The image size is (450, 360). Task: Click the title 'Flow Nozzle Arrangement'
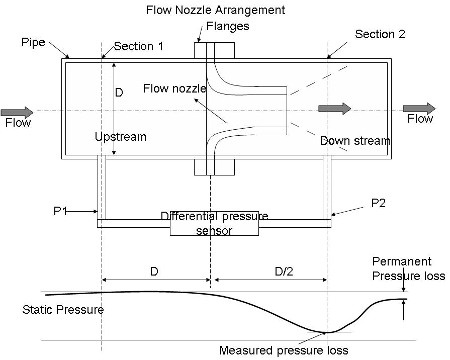[215, 10]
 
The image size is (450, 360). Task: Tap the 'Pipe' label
[33, 42]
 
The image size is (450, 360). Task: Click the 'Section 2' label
[380, 34]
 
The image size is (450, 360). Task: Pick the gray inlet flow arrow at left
[17, 111]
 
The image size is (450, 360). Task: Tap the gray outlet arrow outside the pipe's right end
[419, 108]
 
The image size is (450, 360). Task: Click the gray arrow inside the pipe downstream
[334, 108]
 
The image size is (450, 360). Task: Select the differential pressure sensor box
[214, 223]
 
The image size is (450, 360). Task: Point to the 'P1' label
[60, 211]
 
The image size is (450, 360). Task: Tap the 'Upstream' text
[121, 137]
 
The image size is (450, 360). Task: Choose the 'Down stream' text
[355, 141]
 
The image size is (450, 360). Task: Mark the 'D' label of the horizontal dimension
[154, 272]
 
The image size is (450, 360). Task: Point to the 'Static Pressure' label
[63, 310]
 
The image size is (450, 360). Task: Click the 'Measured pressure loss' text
[284, 350]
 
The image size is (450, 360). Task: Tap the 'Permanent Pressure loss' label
[408, 268]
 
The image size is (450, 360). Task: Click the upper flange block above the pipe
[214, 50]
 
